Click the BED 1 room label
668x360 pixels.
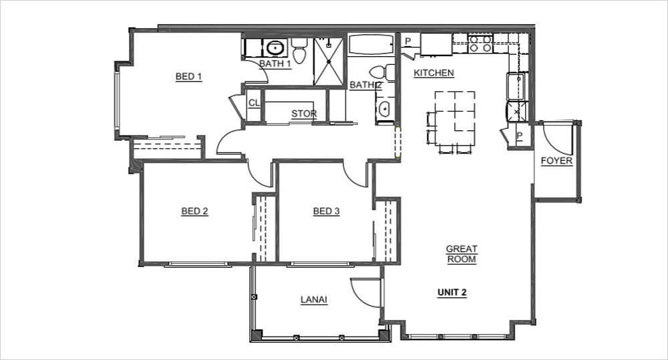coord(188,77)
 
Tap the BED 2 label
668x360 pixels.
coord(194,212)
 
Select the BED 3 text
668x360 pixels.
coord(326,212)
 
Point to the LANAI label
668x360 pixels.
coord(313,300)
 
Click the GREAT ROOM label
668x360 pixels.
coord(462,254)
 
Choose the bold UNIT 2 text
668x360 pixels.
coord(452,293)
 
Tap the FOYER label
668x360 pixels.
coord(556,161)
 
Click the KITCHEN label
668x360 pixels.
coord(434,73)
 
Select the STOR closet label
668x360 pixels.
coord(303,114)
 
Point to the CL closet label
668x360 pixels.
coord(254,103)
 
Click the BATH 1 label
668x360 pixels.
coord(275,64)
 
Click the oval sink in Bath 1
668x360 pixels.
coord(274,47)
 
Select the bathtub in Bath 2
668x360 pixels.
coord(371,45)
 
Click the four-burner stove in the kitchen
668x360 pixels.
coord(480,44)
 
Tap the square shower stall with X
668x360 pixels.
coord(329,61)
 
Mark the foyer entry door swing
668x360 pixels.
coord(556,137)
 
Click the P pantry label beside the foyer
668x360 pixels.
coord(519,136)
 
